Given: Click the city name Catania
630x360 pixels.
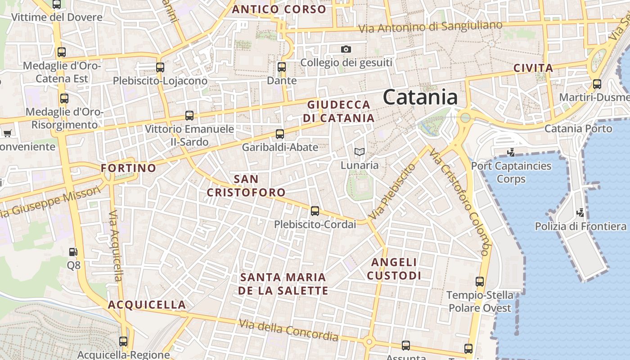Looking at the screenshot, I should (420, 98).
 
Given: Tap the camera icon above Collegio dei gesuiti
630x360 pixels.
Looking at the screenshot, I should (346, 49).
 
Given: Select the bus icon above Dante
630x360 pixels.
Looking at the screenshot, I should (282, 67).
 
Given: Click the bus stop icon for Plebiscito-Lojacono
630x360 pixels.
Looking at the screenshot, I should (160, 67).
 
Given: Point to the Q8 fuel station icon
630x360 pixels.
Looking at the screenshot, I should (73, 252).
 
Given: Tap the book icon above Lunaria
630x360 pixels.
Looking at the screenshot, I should (359, 152).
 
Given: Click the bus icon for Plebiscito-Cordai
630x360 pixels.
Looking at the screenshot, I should (315, 211).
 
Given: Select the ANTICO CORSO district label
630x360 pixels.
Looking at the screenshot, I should (279, 9).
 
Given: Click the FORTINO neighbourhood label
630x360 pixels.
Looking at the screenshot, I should (128, 168).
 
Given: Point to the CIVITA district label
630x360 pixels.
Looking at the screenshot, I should (533, 68).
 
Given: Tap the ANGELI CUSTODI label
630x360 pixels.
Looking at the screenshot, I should (394, 269).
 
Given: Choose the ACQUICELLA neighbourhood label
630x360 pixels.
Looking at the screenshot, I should (147, 305).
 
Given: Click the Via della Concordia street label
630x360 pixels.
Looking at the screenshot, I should (288, 330).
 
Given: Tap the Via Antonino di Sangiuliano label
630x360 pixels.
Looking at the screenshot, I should (430, 27).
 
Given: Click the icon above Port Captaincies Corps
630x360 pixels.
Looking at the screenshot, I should (511, 152).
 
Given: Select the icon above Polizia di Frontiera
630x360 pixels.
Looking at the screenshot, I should (580, 212).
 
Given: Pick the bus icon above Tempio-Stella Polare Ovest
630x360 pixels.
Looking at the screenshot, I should (480, 282).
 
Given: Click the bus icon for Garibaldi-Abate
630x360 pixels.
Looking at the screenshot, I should (280, 134).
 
